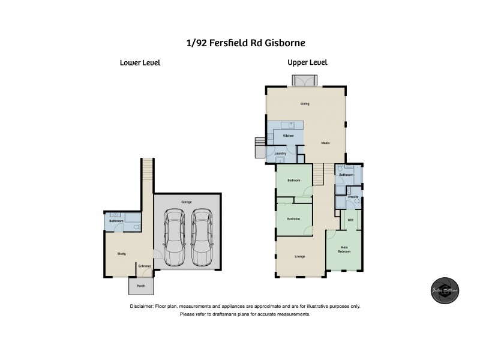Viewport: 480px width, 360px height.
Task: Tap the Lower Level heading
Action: (x=140, y=62)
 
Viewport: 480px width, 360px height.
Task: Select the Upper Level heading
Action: (x=307, y=62)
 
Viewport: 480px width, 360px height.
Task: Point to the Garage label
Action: (x=187, y=202)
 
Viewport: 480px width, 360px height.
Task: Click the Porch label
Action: (x=141, y=286)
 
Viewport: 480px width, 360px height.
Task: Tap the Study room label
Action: (x=121, y=254)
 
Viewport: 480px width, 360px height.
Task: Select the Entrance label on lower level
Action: (x=145, y=266)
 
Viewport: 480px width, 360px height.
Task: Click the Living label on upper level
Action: (x=305, y=104)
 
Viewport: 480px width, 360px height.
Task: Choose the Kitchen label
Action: (x=288, y=136)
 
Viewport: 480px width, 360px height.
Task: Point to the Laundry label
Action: (x=280, y=154)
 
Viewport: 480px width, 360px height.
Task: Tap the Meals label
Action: (x=326, y=143)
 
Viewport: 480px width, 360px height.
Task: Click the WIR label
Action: (x=350, y=220)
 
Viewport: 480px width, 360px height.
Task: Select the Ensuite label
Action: (x=353, y=196)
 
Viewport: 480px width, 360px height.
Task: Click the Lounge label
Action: (x=300, y=257)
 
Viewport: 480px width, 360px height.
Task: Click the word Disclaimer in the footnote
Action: (x=142, y=306)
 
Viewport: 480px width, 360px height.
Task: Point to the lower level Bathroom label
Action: (x=116, y=221)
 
